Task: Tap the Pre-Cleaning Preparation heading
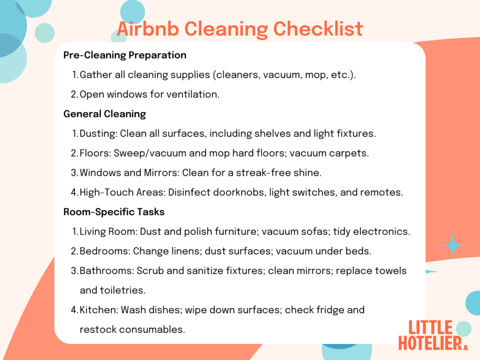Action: pos(125,55)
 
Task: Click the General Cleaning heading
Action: pos(105,114)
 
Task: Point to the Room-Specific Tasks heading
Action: pos(114,212)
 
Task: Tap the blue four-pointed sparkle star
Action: pos(453,245)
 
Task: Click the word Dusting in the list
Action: pos(98,134)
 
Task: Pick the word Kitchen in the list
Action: pos(96,310)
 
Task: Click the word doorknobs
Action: pos(243,192)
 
